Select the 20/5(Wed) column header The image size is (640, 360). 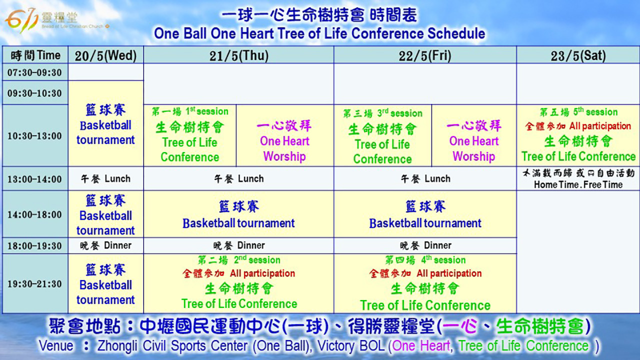click(x=105, y=55)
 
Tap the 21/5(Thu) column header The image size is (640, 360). click(x=239, y=55)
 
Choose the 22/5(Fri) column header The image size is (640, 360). click(x=425, y=55)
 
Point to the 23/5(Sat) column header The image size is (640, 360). click(x=578, y=55)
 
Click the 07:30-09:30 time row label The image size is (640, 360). click(x=35, y=72)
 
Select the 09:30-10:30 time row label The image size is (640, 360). click(x=35, y=93)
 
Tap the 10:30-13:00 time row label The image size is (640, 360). click(x=35, y=136)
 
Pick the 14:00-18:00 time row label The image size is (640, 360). click(x=35, y=214)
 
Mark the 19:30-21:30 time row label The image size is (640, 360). click(x=35, y=284)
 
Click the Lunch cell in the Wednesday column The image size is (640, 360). click(x=105, y=179)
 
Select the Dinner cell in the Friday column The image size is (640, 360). click(x=425, y=245)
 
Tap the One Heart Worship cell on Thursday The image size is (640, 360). click(x=284, y=141)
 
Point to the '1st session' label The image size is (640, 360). click(x=207, y=111)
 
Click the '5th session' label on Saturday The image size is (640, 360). click(x=595, y=111)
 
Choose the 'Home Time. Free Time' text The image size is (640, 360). click(x=578, y=185)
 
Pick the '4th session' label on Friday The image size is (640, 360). click(x=443, y=260)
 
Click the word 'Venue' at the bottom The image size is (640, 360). click(x=56, y=345)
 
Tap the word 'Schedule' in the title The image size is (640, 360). click(x=456, y=33)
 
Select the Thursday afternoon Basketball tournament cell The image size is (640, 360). click(x=239, y=214)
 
